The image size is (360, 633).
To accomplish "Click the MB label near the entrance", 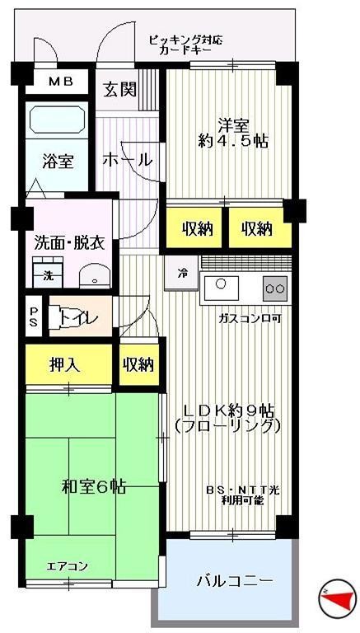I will tap(59, 81).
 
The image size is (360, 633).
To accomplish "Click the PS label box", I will tap(33, 316).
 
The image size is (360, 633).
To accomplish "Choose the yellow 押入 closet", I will tap(65, 365).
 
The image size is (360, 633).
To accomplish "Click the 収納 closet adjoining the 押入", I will tap(138, 365).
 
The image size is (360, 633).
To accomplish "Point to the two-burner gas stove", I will tap(275, 288).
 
